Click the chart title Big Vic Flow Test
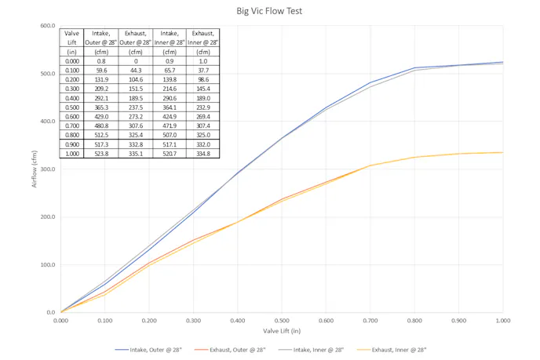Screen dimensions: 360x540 tap(269, 11)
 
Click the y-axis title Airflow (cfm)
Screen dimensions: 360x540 tap(34, 169)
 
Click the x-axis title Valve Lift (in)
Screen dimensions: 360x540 tap(282, 332)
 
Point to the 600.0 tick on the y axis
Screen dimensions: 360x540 tap(48, 26)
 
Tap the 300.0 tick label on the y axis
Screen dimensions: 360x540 tap(48, 169)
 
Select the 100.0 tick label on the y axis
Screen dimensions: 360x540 tap(48, 265)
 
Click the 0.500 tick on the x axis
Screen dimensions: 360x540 tap(282, 320)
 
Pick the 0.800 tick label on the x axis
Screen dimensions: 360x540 tap(414, 320)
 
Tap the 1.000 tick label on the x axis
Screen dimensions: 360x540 tap(503, 320)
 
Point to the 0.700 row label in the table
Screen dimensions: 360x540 tap(72, 125)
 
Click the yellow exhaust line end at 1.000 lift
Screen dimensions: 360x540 tap(502, 152)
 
